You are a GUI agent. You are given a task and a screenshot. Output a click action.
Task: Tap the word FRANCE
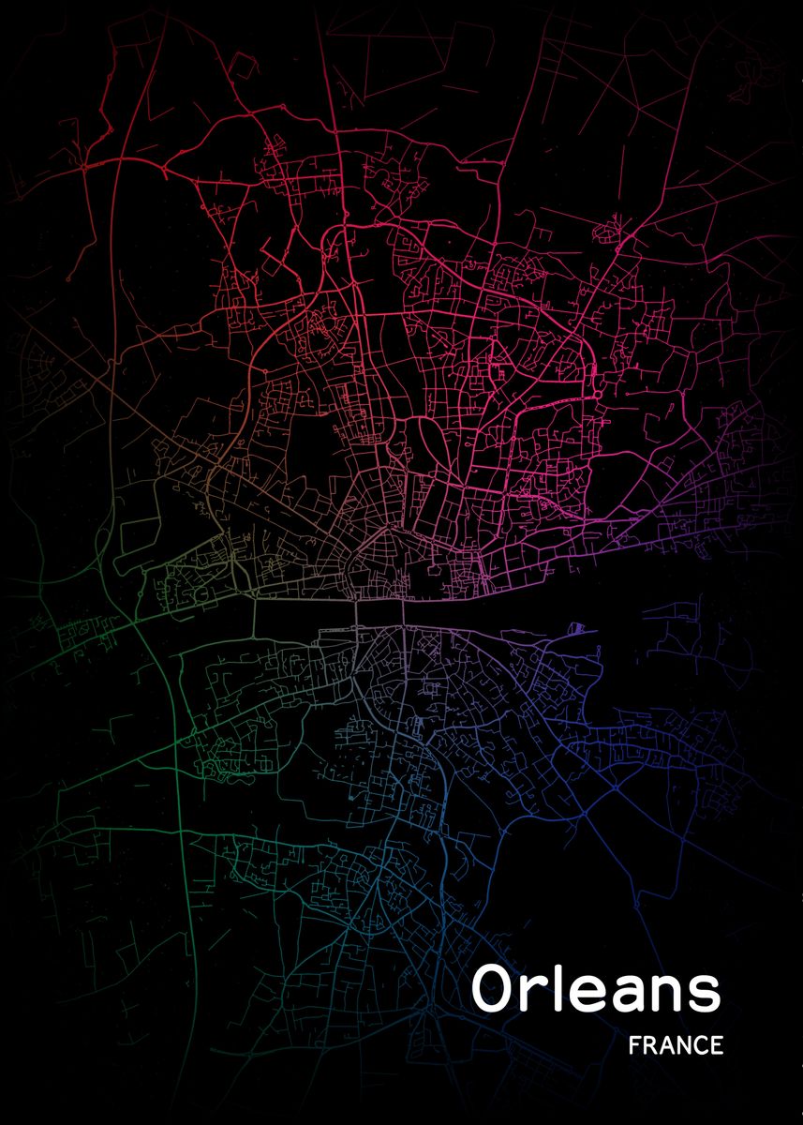677,1045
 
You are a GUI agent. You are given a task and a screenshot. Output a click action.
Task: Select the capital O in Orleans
494,989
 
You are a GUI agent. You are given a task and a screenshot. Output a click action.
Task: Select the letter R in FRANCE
651,1045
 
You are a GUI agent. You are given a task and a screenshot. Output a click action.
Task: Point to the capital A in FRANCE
667,1045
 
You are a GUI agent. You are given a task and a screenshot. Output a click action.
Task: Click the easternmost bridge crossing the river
405,609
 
